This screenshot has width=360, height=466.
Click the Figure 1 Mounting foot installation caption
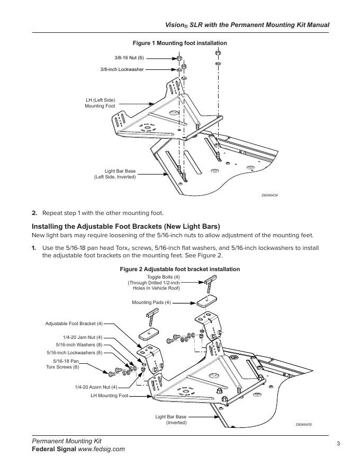click(x=179, y=43)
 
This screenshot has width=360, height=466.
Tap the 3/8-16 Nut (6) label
click(x=129, y=57)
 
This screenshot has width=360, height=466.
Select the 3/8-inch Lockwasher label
click(x=122, y=69)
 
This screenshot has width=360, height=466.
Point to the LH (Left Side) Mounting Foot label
click(x=100, y=103)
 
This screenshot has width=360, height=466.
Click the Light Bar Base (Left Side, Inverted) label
click(x=115, y=174)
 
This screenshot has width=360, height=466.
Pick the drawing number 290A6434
click(x=269, y=195)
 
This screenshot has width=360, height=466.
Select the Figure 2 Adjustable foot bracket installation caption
click(x=179, y=270)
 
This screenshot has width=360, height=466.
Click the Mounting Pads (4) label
click(x=151, y=302)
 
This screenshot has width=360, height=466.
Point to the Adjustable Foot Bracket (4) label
click(x=74, y=323)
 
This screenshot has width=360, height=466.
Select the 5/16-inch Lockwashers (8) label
click(x=75, y=352)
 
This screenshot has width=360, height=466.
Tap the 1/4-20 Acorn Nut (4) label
click(x=96, y=387)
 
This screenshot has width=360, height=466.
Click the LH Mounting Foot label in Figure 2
click(x=109, y=396)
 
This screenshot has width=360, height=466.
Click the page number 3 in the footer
click(x=338, y=444)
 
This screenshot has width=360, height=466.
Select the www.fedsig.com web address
click(x=101, y=449)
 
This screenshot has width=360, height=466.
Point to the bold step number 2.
click(x=34, y=213)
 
